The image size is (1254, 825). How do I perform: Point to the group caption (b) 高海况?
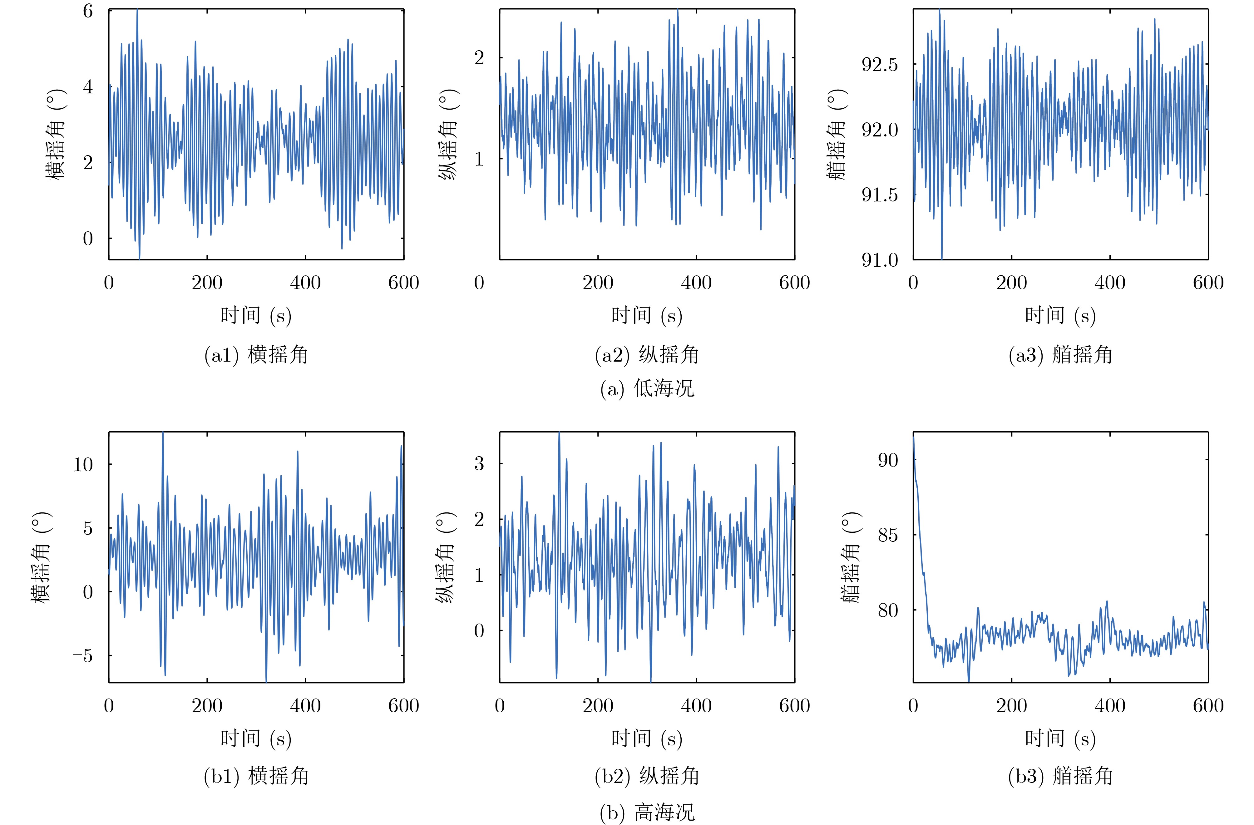point(647,813)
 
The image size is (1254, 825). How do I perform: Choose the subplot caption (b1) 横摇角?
point(256,776)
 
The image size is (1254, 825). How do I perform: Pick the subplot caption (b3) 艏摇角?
point(1060,776)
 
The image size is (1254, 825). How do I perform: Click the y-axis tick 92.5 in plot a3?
point(879,65)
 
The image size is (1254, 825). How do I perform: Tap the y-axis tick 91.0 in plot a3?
point(879,260)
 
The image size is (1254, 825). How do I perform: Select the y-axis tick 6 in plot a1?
point(88,11)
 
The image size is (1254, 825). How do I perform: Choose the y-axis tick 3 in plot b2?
point(479,464)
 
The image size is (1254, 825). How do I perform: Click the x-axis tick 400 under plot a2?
point(696,283)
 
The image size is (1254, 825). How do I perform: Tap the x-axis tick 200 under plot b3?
point(1011,706)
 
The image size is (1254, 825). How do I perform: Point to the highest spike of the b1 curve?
point(163,433)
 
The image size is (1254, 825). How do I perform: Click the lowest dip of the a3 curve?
point(941,258)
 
